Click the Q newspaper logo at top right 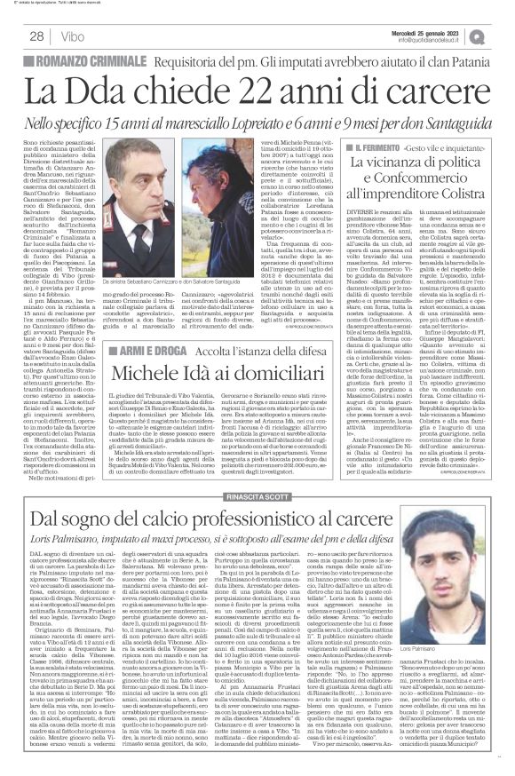[502, 36]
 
